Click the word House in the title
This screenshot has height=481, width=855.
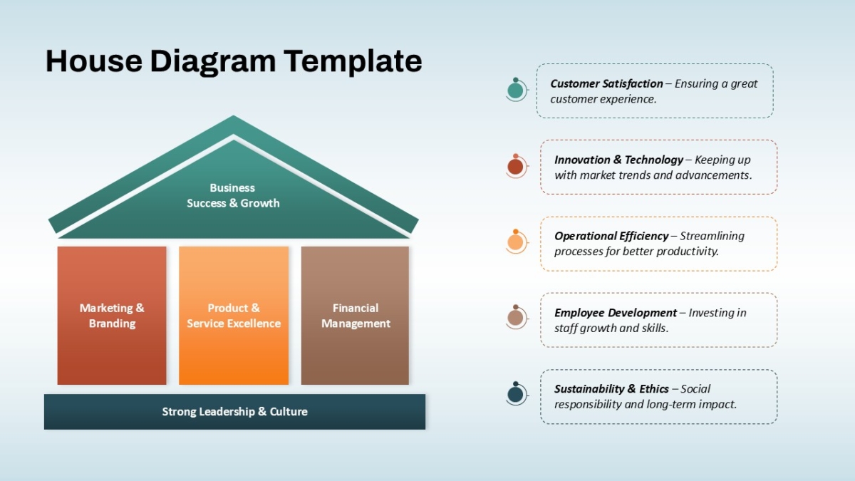coord(94,61)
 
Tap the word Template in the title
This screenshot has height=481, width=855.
coord(353,62)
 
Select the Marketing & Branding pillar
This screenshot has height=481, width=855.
coord(112,315)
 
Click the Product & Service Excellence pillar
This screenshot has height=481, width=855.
coord(234,315)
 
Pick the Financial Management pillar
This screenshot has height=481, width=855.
coord(355,315)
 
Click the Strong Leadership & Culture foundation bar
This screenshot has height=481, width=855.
coord(234,412)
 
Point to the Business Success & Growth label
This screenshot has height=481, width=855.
coord(233,195)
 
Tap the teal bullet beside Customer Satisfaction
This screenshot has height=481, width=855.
coord(516,90)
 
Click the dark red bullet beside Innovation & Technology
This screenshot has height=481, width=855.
coord(516,166)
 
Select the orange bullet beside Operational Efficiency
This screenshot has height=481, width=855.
coord(516,242)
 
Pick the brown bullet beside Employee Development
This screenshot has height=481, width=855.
coord(516,317)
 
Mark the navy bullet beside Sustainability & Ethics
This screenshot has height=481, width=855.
coord(516,393)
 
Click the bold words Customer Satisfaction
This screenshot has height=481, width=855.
coord(606,83)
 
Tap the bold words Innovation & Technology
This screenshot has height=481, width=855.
coord(618,160)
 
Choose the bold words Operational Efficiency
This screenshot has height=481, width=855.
coord(611,236)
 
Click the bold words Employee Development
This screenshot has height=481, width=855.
coord(616,313)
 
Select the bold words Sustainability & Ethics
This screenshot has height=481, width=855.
coord(611,388)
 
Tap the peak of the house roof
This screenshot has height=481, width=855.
coord(233,115)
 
